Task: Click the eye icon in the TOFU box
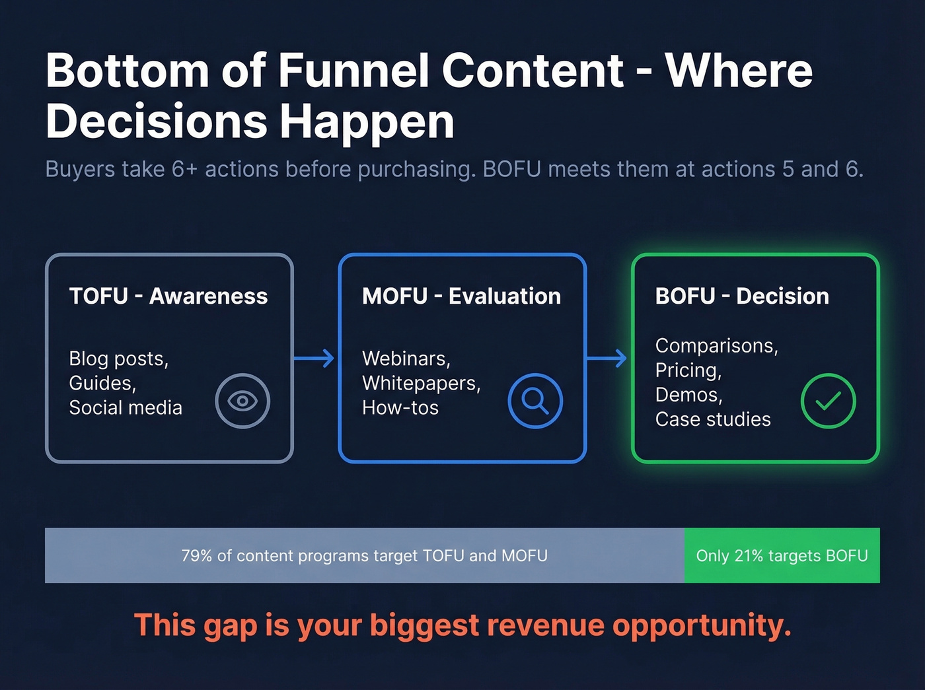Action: click(242, 401)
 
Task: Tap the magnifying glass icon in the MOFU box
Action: click(535, 401)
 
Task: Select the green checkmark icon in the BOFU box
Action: click(828, 401)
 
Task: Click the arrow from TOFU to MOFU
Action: click(314, 359)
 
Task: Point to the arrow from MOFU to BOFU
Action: click(607, 359)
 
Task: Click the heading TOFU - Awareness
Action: click(168, 296)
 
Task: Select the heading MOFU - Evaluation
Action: click(461, 296)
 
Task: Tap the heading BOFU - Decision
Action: click(742, 296)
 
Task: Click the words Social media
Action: click(126, 408)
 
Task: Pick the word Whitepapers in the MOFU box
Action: click(420, 384)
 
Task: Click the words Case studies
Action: click(713, 419)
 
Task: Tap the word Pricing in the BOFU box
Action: click(687, 370)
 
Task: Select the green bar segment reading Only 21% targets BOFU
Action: click(782, 555)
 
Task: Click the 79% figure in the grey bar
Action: click(196, 556)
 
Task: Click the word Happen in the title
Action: click(367, 122)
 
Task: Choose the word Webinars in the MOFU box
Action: click(405, 359)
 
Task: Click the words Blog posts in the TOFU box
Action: click(118, 359)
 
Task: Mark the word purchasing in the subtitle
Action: click(416, 170)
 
